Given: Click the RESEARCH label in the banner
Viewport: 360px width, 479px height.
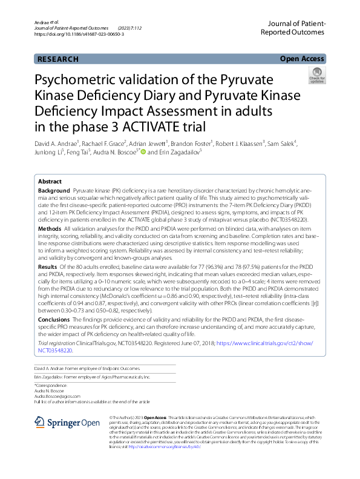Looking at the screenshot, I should point(58,59).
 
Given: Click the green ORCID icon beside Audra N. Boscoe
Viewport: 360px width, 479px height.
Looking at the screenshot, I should point(143,152).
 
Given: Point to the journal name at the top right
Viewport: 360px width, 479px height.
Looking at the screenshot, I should point(293,26).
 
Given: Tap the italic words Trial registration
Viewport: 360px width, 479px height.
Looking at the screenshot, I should point(59,343).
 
